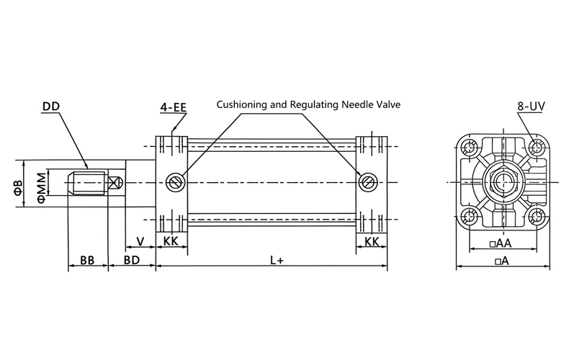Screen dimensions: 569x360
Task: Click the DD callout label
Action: (51, 107)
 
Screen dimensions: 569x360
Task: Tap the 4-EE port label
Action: (174, 107)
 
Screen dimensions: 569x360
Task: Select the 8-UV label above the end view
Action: (531, 106)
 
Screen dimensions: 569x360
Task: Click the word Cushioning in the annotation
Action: (241, 104)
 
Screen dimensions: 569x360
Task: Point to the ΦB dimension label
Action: (19, 187)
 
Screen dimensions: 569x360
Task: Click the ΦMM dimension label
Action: (42, 187)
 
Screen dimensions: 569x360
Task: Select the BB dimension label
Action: (87, 260)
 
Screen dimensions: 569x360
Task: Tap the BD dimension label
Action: (132, 260)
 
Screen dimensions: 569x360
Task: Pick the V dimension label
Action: (140, 241)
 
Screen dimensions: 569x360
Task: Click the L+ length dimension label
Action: (277, 260)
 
